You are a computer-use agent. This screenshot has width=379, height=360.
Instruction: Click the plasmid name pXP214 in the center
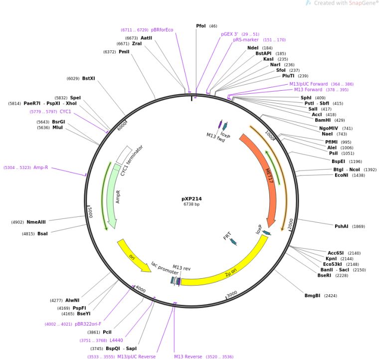click(x=191, y=198)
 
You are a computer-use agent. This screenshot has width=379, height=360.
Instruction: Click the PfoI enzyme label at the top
click(x=201, y=26)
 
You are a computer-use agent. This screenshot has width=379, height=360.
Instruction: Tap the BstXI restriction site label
click(x=88, y=78)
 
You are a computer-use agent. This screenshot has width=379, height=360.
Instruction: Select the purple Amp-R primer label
click(x=41, y=168)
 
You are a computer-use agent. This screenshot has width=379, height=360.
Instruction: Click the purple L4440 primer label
click(x=116, y=340)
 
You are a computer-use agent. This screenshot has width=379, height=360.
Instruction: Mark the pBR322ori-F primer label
click(x=88, y=324)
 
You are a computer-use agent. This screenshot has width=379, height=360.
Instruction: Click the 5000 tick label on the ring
click(x=90, y=211)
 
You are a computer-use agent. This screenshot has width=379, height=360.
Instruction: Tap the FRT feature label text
click(x=227, y=236)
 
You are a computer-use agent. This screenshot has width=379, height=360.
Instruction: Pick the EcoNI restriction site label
click(x=342, y=176)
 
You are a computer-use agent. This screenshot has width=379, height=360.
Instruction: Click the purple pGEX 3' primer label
click(x=232, y=34)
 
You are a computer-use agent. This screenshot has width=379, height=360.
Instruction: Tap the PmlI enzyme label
click(x=124, y=51)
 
